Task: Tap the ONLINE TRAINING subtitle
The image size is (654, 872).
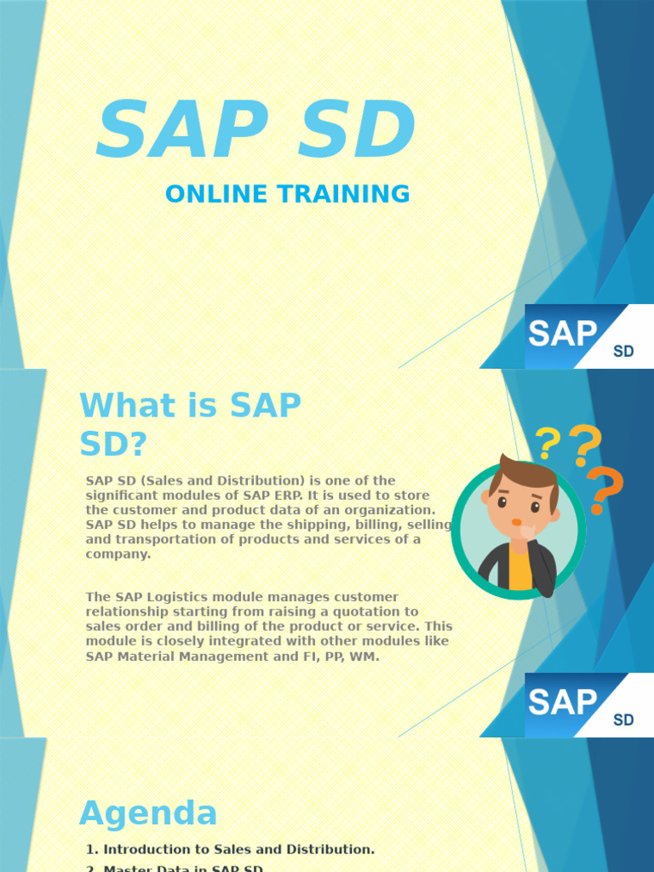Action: tap(287, 194)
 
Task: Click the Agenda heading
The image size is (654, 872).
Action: tap(148, 813)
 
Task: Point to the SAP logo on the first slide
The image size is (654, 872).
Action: tap(563, 334)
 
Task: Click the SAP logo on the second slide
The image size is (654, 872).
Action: tap(563, 703)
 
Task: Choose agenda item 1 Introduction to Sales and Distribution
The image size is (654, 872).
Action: tap(231, 849)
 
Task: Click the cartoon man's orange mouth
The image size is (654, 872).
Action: tap(516, 522)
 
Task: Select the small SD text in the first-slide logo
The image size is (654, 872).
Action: tap(623, 351)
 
